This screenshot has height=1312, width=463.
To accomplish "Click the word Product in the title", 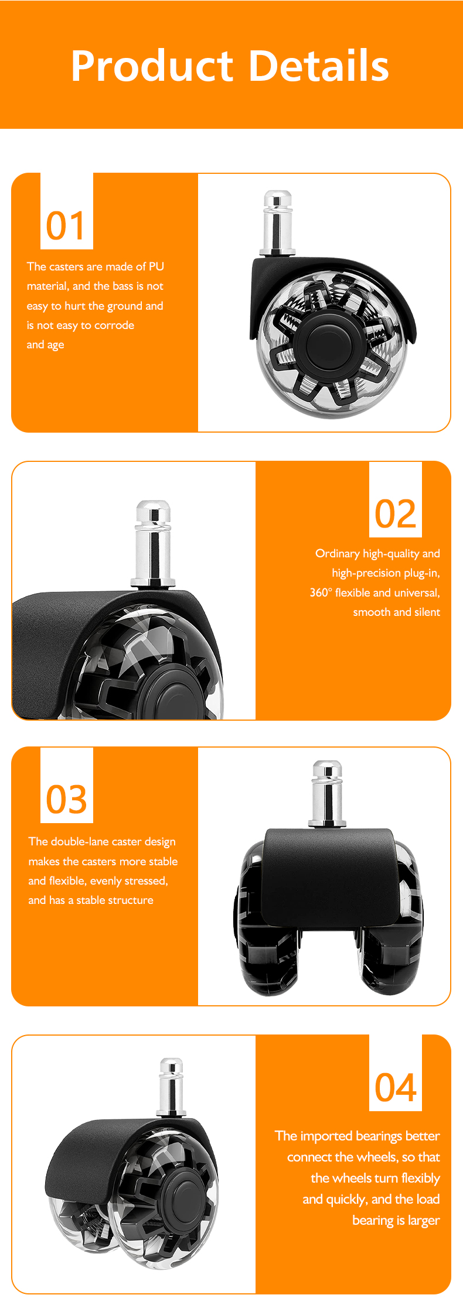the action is pyautogui.click(x=152, y=66).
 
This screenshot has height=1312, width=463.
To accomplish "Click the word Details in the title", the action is pyautogui.click(x=319, y=66).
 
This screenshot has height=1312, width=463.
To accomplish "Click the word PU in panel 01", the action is pyautogui.click(x=156, y=266).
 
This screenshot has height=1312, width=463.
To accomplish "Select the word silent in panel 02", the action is pyautogui.click(x=427, y=612).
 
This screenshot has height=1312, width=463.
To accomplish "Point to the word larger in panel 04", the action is pyautogui.click(x=424, y=1221).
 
